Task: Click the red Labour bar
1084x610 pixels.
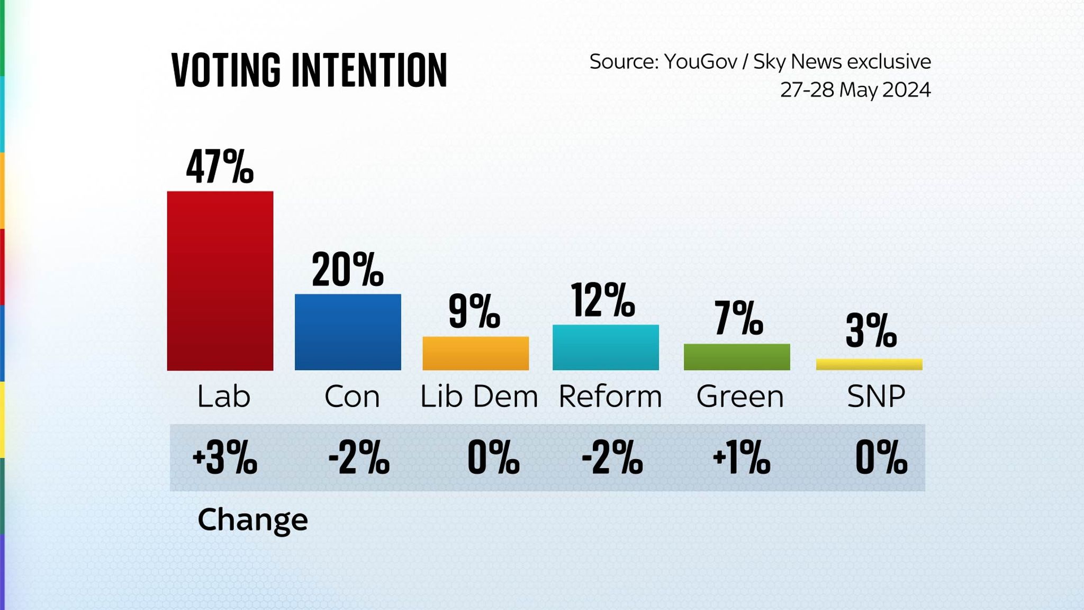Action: click(x=220, y=281)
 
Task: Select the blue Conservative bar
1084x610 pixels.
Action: click(x=348, y=332)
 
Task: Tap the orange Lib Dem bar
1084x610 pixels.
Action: click(x=475, y=353)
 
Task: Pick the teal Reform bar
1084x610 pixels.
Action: click(x=606, y=347)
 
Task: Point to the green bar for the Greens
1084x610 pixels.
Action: click(x=737, y=357)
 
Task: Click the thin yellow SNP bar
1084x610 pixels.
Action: click(x=869, y=364)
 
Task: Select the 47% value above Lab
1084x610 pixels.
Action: click(x=220, y=167)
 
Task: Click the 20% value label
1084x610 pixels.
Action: click(x=347, y=270)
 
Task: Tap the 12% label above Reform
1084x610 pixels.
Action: click(x=603, y=300)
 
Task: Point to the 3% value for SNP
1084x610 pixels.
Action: click(x=871, y=331)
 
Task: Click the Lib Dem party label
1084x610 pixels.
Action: click(x=478, y=397)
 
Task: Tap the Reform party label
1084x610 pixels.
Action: click(x=610, y=397)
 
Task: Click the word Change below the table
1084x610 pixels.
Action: click(x=252, y=520)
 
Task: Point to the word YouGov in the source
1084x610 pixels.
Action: click(x=700, y=62)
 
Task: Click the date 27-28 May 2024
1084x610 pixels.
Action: click(x=855, y=90)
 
